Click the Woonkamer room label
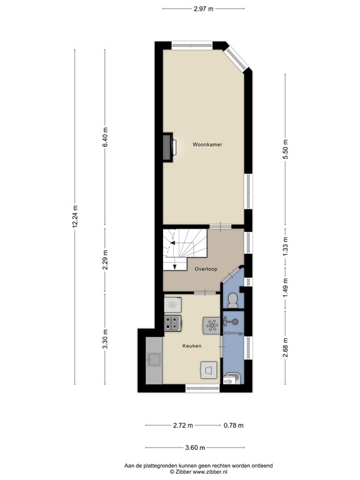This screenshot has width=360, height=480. (x=207, y=144)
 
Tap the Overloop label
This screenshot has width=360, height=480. (x=206, y=270)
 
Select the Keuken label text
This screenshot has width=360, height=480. (x=191, y=346)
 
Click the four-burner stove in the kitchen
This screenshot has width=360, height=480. (x=172, y=323)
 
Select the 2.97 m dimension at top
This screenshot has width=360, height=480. (x=203, y=9)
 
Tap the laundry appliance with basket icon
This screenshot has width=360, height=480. (x=207, y=369)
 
